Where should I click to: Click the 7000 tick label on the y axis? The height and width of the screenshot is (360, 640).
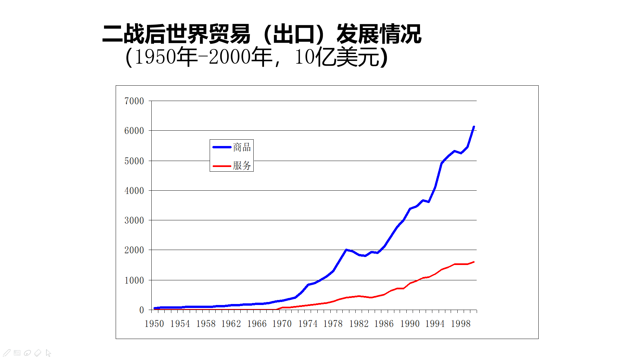(134, 101)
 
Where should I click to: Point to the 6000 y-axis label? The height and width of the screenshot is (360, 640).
(134, 131)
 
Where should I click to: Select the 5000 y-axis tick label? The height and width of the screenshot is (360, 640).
(134, 161)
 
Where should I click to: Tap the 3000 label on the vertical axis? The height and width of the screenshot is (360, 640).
(134, 220)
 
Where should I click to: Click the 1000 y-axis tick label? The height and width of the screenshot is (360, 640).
(134, 280)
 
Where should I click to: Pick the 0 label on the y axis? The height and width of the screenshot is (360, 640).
(142, 310)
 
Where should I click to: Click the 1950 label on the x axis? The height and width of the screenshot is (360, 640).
(154, 324)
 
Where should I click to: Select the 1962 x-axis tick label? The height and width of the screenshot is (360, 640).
(231, 324)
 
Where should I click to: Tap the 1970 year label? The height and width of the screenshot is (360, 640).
(282, 324)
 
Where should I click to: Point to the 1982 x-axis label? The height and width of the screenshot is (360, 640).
(359, 324)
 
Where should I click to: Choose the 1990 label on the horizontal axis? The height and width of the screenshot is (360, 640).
(410, 324)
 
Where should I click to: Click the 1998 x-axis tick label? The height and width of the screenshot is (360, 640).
(461, 324)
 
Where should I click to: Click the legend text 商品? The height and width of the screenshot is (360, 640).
(242, 147)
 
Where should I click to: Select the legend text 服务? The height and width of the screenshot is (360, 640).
(242, 165)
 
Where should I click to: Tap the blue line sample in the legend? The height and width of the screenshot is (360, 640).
(222, 147)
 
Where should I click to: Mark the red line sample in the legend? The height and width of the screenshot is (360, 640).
(222, 166)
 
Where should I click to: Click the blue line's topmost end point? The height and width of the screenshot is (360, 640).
(474, 127)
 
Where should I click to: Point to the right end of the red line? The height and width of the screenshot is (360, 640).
(474, 262)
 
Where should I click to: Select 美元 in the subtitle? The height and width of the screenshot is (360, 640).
(357, 57)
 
